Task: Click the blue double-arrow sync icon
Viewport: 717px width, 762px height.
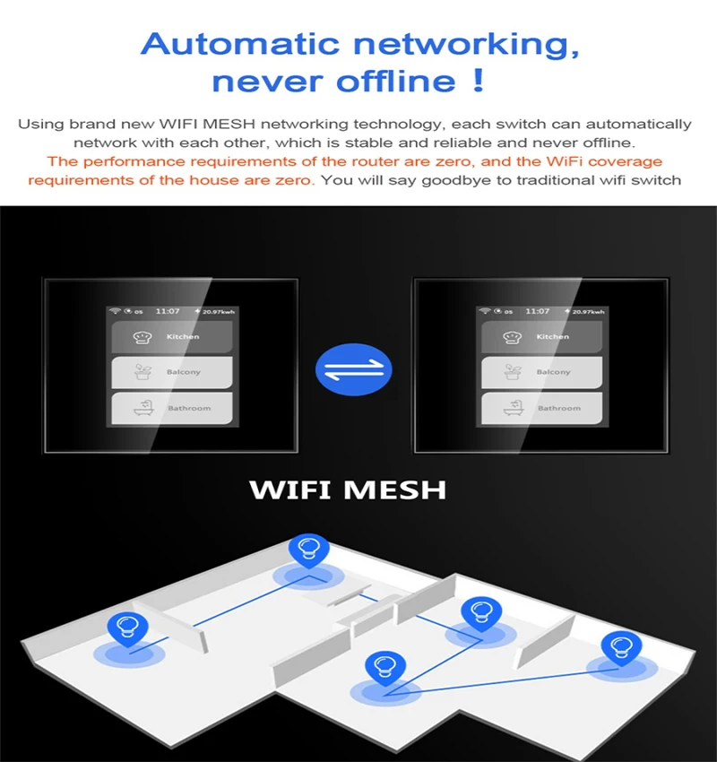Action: (x=354, y=369)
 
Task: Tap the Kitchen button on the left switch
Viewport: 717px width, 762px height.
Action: (x=172, y=337)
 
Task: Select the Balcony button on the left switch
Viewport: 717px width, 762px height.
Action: (x=172, y=372)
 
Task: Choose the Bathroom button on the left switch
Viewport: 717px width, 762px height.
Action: (x=172, y=408)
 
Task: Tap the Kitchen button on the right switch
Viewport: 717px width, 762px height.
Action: (x=541, y=337)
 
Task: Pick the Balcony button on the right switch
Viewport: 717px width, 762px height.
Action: (x=541, y=372)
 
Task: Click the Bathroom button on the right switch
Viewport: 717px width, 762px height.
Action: (x=541, y=408)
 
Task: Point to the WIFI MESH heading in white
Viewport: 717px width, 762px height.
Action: (x=348, y=489)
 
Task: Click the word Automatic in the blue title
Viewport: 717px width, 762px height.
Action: (x=240, y=44)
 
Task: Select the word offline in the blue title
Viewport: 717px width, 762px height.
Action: (x=396, y=81)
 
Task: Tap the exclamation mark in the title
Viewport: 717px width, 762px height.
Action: (x=479, y=80)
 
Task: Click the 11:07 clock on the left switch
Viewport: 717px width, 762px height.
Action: (x=168, y=311)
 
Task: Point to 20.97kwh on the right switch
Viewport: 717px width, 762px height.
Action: (x=588, y=311)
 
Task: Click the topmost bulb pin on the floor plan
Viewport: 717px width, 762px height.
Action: (x=309, y=550)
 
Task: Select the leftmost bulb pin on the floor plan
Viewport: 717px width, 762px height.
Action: (x=127, y=628)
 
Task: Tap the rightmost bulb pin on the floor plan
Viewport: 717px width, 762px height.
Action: (x=621, y=648)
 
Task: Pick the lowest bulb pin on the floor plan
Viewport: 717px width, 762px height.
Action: (x=385, y=668)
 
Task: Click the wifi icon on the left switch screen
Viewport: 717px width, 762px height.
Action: (x=115, y=311)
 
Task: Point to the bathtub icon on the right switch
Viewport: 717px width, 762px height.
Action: (x=513, y=408)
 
